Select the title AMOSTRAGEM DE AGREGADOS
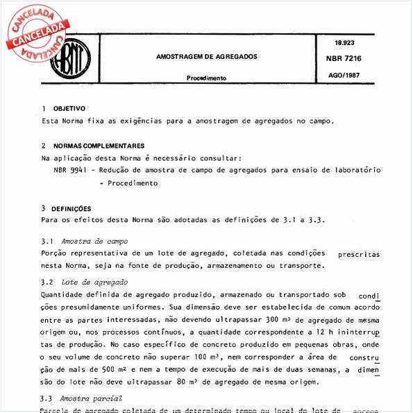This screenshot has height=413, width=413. (x=206, y=56)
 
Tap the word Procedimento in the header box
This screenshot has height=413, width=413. (x=206, y=78)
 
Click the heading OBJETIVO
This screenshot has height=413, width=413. (x=69, y=109)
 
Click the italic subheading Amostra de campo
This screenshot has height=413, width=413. (x=94, y=241)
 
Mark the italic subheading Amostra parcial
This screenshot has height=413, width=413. (x=92, y=398)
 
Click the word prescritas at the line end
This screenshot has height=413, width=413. (x=358, y=254)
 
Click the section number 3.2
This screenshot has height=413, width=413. (x=47, y=283)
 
